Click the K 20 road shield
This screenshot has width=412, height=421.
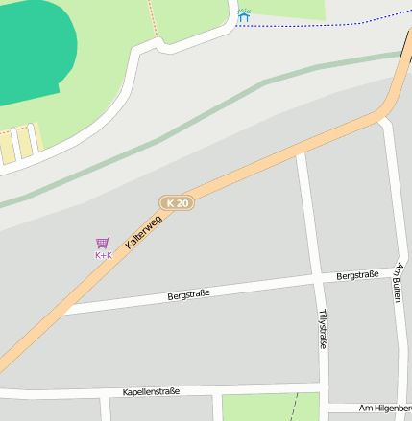click(x=177, y=203)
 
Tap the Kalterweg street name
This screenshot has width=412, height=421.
click(x=144, y=232)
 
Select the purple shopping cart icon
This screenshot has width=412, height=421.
click(x=103, y=243)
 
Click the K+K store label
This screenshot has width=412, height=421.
click(x=104, y=255)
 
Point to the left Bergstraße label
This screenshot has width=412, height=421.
click(x=188, y=292)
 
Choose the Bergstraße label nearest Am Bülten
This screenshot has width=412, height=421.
click(x=357, y=275)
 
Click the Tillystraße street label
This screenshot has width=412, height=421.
click(x=324, y=328)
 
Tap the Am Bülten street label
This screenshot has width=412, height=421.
click(x=398, y=284)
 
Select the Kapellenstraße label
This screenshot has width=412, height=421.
click(x=152, y=392)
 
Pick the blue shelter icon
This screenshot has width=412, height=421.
click(x=244, y=16)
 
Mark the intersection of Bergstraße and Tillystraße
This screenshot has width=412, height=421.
click(x=314, y=278)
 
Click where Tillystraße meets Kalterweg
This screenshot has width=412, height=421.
click(x=301, y=151)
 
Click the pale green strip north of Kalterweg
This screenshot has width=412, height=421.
click(x=192, y=120)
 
